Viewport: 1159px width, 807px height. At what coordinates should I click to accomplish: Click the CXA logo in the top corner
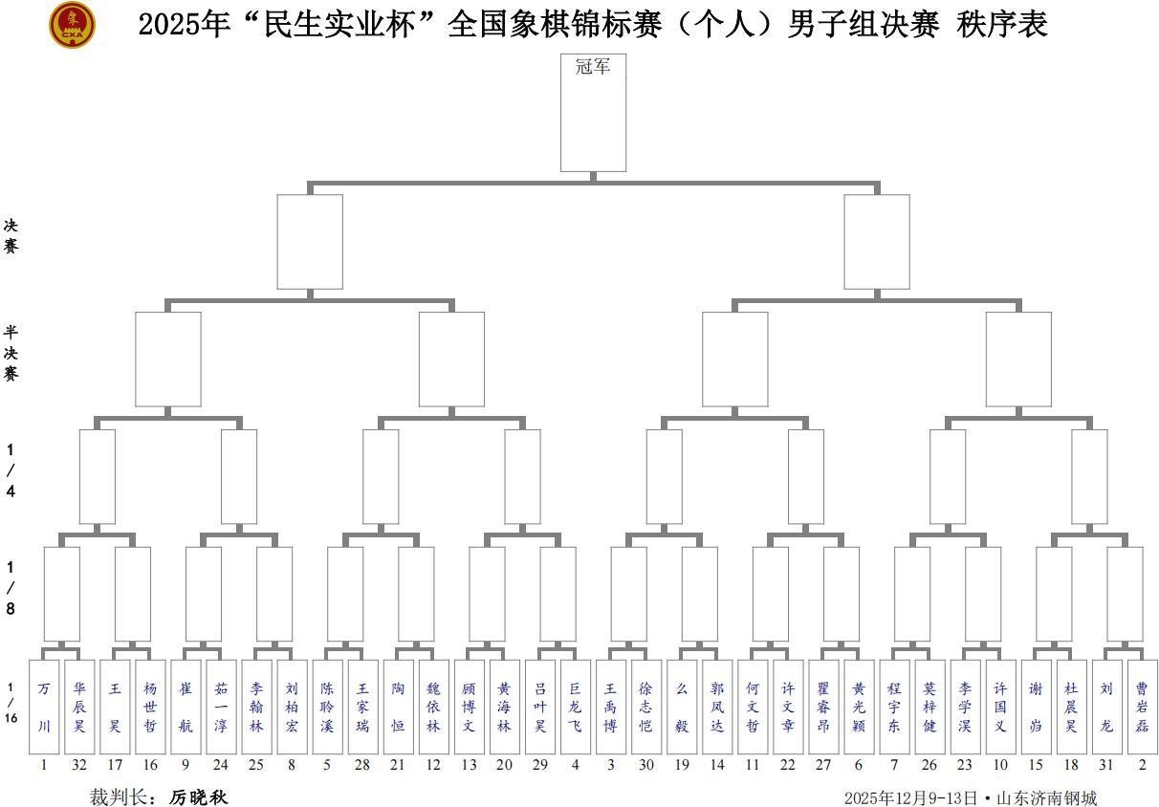pyautogui.click(x=72, y=25)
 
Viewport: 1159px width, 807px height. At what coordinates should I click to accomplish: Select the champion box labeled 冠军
pyautogui.click(x=593, y=112)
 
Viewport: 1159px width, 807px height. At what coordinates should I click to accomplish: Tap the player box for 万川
pyautogui.click(x=44, y=707)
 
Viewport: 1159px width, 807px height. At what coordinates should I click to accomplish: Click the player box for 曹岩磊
pyautogui.click(x=1142, y=707)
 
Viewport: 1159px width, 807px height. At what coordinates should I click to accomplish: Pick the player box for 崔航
pyautogui.click(x=186, y=707)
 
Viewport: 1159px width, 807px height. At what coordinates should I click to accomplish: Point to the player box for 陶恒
pyautogui.click(x=398, y=707)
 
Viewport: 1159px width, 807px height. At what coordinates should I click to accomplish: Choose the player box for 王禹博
pyautogui.click(x=611, y=707)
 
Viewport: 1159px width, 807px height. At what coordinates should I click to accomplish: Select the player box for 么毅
pyautogui.click(x=682, y=707)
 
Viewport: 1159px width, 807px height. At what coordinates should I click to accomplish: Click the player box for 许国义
pyautogui.click(x=1000, y=707)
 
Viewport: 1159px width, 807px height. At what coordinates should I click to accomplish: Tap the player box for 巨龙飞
pyautogui.click(x=575, y=707)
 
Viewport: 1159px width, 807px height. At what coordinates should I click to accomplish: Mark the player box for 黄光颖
pyautogui.click(x=859, y=707)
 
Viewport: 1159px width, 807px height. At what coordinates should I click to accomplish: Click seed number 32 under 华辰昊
pyautogui.click(x=79, y=765)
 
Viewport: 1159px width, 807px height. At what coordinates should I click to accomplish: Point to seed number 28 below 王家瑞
pyautogui.click(x=362, y=765)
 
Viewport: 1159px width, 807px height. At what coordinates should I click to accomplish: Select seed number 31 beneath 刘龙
pyautogui.click(x=1106, y=765)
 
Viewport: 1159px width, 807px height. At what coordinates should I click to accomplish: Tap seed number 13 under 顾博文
pyautogui.click(x=469, y=765)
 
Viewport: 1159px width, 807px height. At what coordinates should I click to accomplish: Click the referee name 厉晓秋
pyautogui.click(x=199, y=797)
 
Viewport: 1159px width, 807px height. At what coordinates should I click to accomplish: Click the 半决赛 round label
pyautogui.click(x=11, y=353)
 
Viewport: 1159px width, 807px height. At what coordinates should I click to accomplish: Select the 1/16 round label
pyautogui.click(x=11, y=703)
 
